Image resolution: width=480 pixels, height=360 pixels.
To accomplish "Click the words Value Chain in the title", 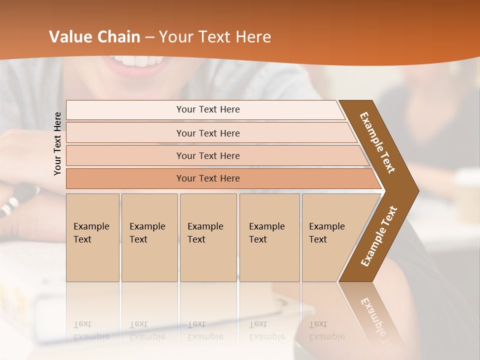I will pyautogui.click(x=94, y=37).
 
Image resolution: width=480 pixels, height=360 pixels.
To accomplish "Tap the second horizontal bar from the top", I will pyautogui.click(x=208, y=133).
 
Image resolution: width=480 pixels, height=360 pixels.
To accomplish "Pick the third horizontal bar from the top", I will pyautogui.click(x=208, y=155).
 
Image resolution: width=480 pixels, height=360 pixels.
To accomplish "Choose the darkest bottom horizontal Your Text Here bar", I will pyautogui.click(x=208, y=178).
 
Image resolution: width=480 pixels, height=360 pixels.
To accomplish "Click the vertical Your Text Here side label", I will pyautogui.click(x=57, y=143).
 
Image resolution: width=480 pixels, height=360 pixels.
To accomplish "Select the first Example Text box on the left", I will pyautogui.click(x=92, y=237).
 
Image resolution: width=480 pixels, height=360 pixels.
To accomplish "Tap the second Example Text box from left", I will pyautogui.click(x=149, y=237).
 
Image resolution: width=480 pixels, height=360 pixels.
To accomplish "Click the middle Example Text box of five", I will pyautogui.click(x=207, y=237).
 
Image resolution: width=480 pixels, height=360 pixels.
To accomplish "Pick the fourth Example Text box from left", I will pyautogui.click(x=269, y=237).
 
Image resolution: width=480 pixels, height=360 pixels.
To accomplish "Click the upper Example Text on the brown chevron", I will pyautogui.click(x=378, y=142).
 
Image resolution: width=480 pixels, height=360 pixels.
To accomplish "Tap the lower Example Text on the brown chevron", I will pyautogui.click(x=379, y=236).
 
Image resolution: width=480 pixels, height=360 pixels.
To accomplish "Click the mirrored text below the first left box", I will pyautogui.click(x=91, y=330).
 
